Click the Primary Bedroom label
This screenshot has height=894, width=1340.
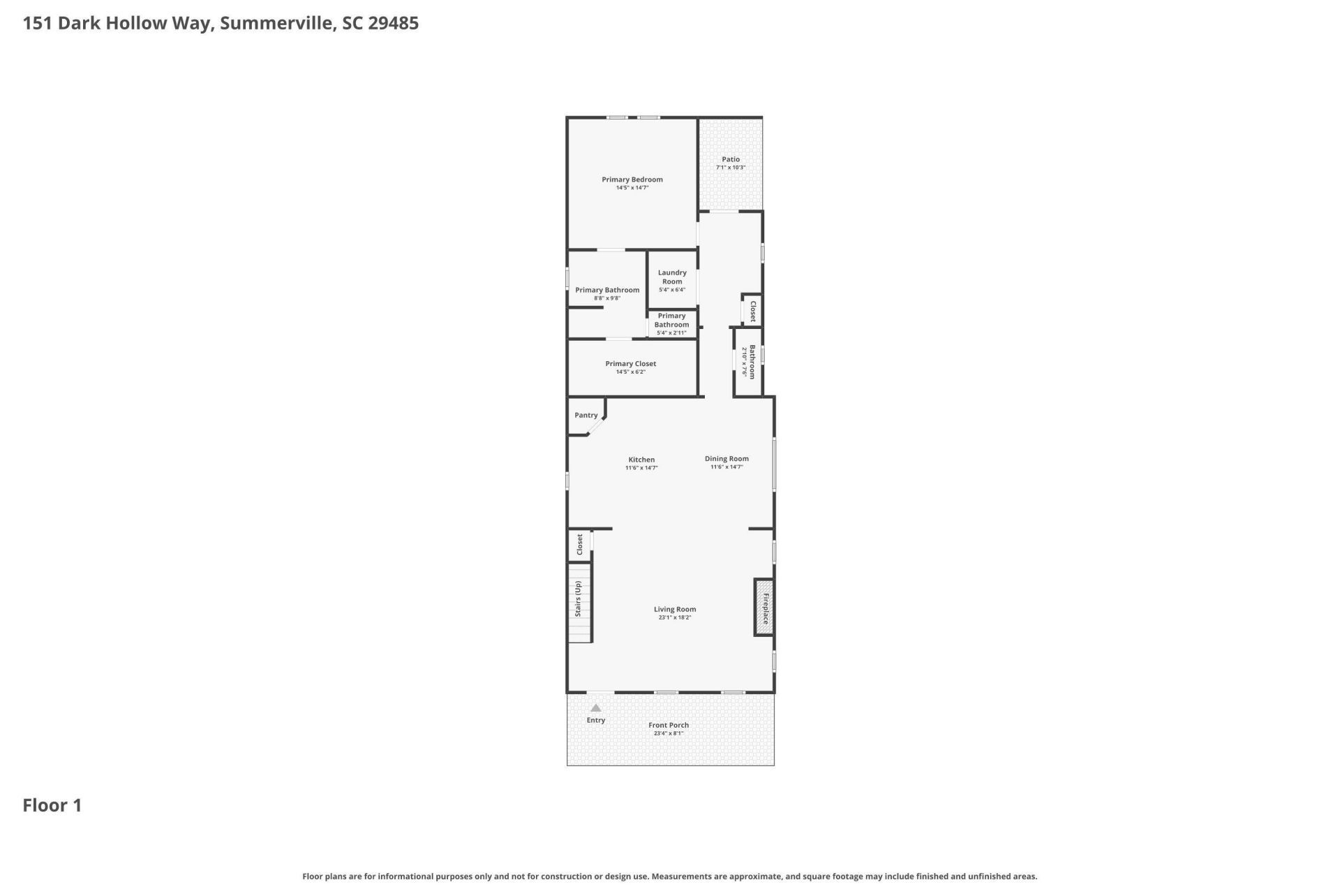(632, 179)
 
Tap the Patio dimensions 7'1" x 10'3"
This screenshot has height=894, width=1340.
(730, 168)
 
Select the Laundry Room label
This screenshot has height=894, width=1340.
(671, 277)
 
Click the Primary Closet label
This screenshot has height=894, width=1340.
(630, 364)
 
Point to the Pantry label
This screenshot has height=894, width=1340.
(586, 415)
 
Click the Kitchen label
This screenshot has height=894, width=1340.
(641, 460)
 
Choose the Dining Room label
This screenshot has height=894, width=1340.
(726, 459)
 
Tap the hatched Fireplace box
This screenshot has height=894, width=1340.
(764, 608)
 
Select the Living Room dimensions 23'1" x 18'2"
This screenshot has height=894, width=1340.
(674, 617)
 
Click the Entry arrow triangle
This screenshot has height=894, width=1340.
(595, 708)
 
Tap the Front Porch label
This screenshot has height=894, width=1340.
(668, 725)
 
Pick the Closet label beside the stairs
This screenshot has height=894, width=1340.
(579, 545)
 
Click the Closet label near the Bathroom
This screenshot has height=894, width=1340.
(752, 311)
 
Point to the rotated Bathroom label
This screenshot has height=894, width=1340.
(752, 362)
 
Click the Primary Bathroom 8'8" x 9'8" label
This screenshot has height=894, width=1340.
(606, 290)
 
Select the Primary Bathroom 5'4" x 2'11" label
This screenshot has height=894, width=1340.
(671, 320)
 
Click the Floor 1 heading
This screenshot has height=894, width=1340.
(52, 805)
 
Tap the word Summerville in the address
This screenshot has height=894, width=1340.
(276, 23)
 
